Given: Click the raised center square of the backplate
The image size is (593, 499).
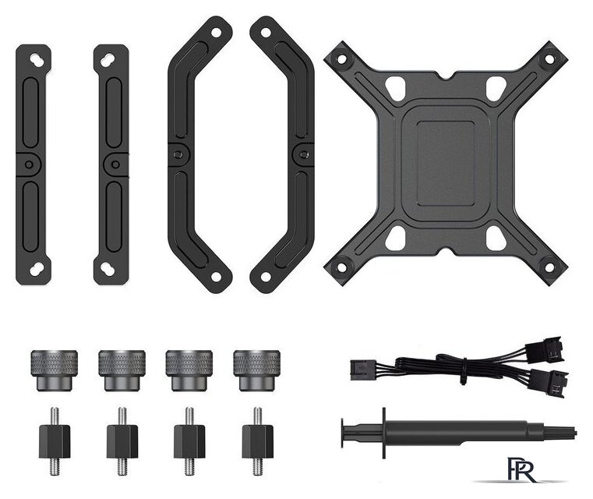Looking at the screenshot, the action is (446, 164).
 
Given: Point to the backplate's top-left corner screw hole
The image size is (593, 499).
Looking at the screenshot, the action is (341, 59).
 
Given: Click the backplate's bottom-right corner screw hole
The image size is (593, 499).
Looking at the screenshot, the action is (549, 267).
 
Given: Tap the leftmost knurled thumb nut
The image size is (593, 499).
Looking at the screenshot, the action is (54, 370).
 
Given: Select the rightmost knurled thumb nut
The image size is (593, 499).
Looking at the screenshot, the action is (257, 370).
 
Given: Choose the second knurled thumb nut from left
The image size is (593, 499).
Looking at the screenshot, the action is (122, 370).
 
